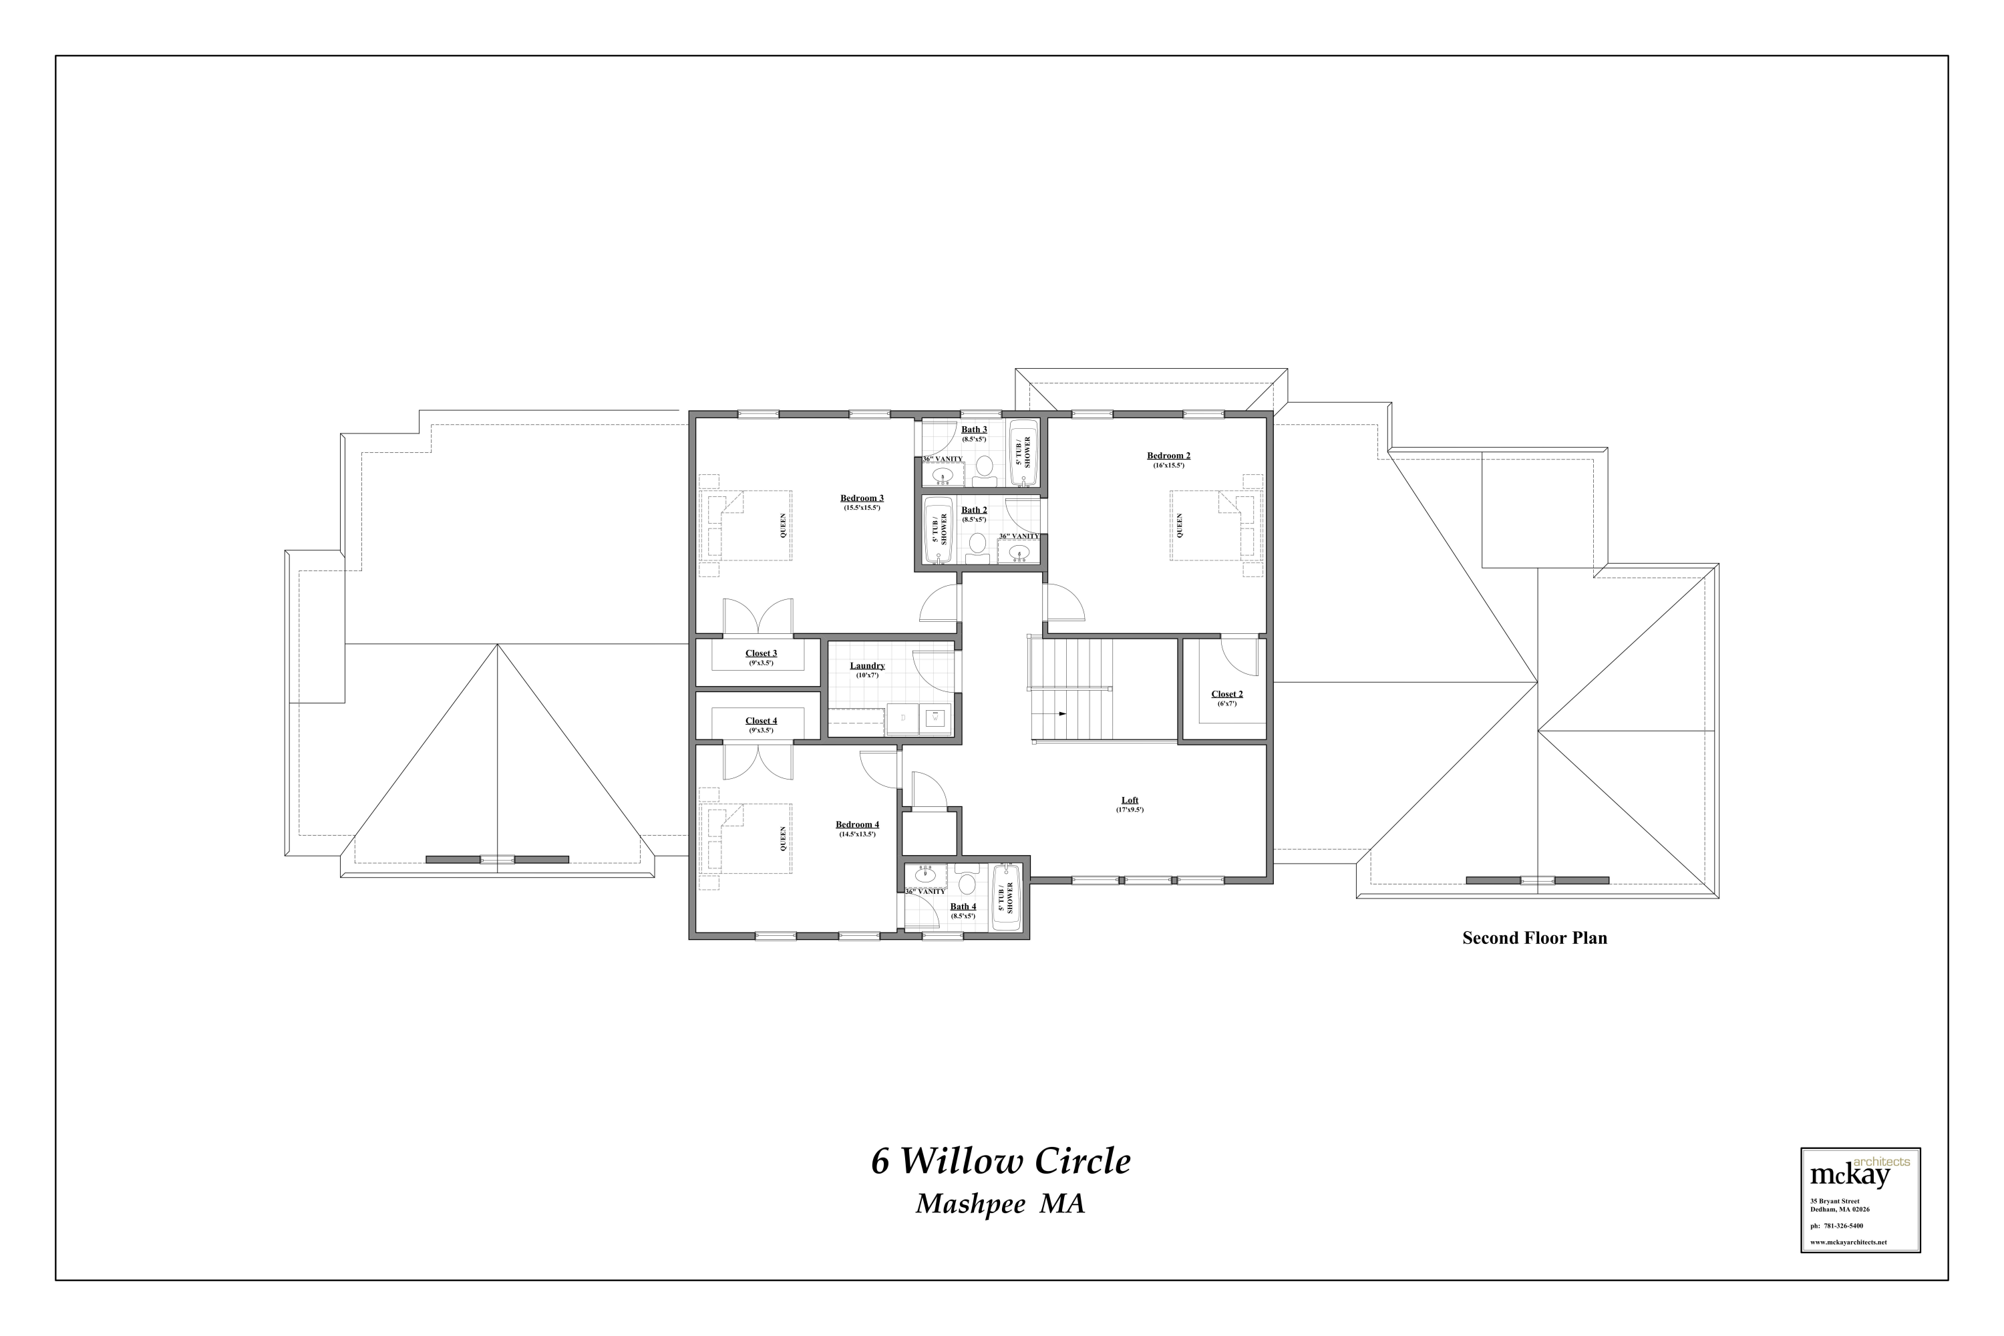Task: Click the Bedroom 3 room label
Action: click(862, 498)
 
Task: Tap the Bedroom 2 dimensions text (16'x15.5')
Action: click(1168, 465)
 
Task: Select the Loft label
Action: click(1129, 800)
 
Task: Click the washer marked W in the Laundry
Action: click(936, 718)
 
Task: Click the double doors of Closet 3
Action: click(758, 616)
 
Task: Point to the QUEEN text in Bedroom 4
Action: click(783, 839)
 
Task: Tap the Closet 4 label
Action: click(761, 721)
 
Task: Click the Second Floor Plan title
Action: click(1534, 938)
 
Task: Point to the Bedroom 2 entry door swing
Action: click(1064, 603)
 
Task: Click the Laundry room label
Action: click(866, 665)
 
